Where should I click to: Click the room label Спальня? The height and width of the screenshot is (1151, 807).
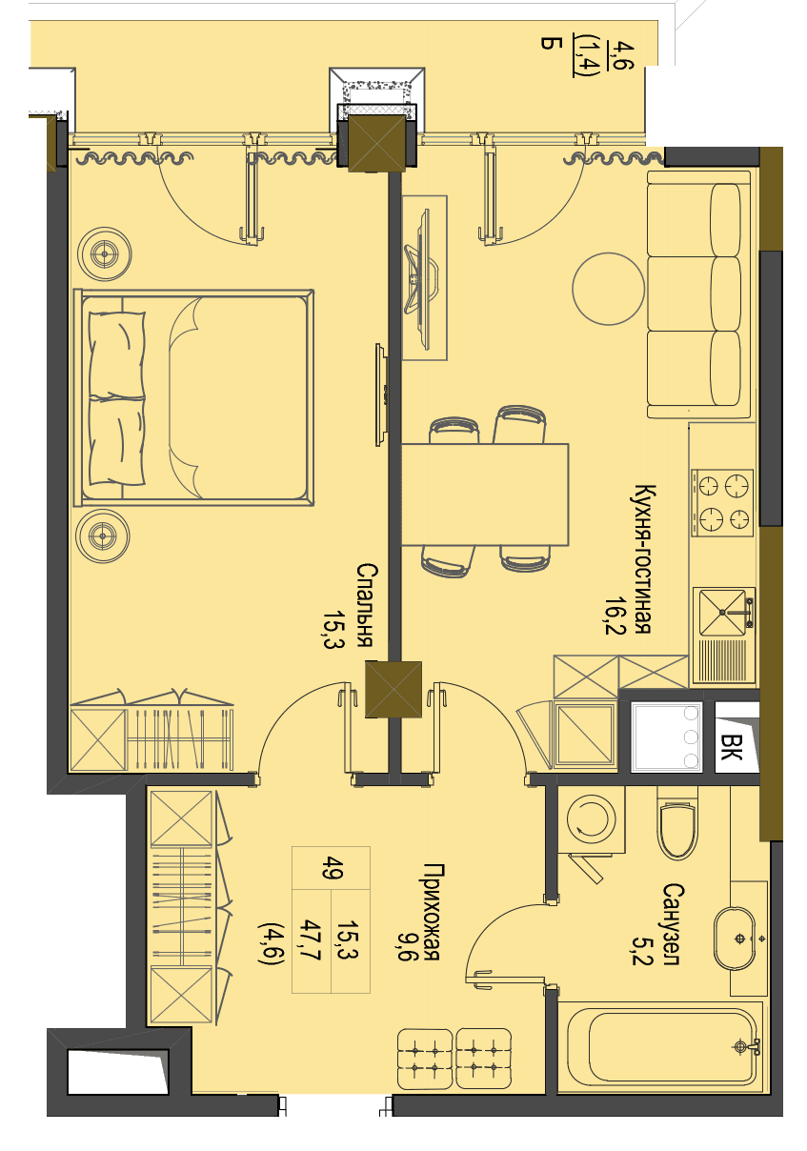pyautogui.click(x=366, y=605)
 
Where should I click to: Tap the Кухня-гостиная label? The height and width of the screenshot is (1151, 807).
pyautogui.click(x=644, y=558)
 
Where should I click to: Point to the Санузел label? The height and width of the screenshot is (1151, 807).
pyautogui.click(x=672, y=924)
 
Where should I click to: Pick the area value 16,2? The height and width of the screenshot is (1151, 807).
pyautogui.click(x=615, y=616)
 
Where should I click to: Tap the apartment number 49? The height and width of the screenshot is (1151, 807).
pyautogui.click(x=332, y=868)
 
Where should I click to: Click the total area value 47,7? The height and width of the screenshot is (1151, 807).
pyautogui.click(x=311, y=939)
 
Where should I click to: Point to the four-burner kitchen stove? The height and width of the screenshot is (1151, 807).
pyautogui.click(x=721, y=502)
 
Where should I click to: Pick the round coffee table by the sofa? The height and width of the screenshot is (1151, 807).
pyautogui.click(x=608, y=289)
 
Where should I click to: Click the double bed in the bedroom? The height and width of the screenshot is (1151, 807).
pyautogui.click(x=193, y=397)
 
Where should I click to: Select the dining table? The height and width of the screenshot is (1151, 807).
pyautogui.click(x=484, y=495)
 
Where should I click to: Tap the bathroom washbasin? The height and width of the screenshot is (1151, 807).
pyautogui.click(x=734, y=939)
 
